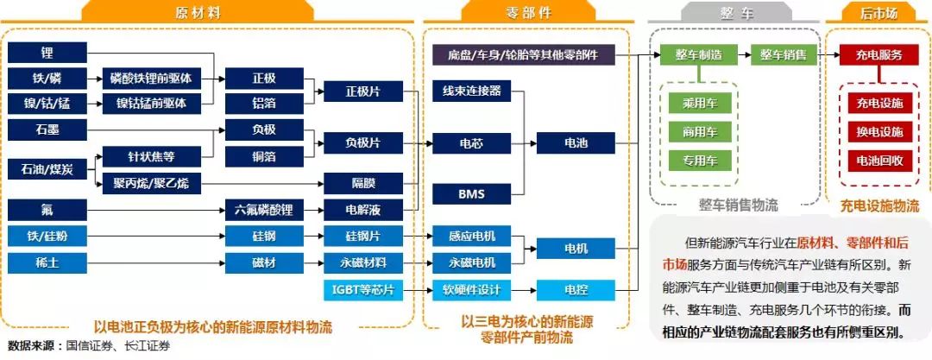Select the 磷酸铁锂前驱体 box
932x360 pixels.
click(155, 79)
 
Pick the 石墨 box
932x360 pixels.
click(46, 130)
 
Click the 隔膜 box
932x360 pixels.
click(362, 183)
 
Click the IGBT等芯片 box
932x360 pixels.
click(362, 289)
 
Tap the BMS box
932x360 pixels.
click(471, 194)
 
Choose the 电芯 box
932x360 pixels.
click(471, 142)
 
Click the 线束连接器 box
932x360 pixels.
click(471, 91)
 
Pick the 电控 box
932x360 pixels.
click(576, 289)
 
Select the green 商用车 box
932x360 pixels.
click(700, 132)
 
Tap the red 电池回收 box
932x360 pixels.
click(879, 160)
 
